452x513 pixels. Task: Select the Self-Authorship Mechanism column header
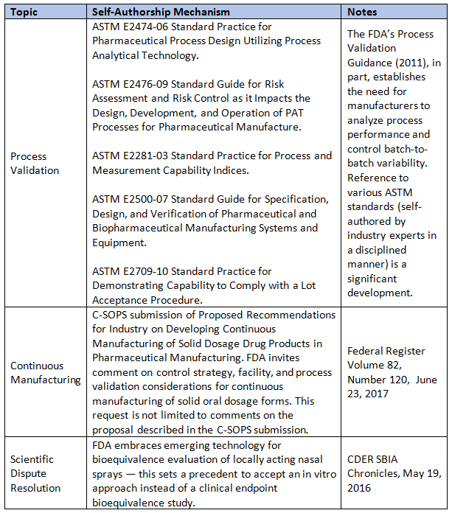pyautogui.click(x=161, y=12)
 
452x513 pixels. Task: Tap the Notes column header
pyautogui.click(x=362, y=12)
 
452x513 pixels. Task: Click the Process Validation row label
pyautogui.click(x=35, y=163)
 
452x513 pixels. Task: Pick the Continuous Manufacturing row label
pyautogui.click(x=45, y=373)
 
